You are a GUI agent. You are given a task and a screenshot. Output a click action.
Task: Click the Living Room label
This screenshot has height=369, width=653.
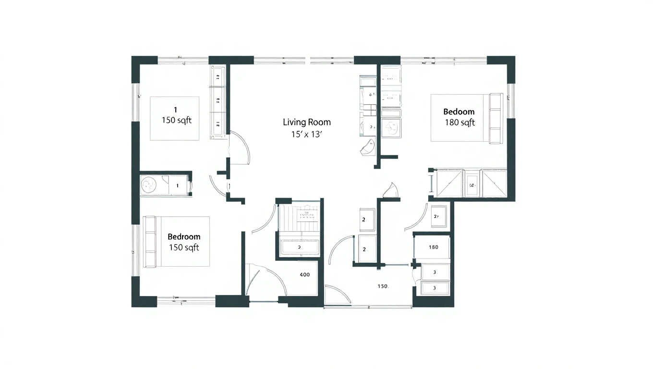coord(306,122)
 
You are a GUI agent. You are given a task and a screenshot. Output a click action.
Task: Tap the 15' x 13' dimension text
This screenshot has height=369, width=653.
coord(306,135)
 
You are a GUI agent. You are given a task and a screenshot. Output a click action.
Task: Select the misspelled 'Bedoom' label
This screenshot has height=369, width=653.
coord(459,112)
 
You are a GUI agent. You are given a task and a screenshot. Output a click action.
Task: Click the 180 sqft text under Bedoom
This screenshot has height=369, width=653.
coord(460,123)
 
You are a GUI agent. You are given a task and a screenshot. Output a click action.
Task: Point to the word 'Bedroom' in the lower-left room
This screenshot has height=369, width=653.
coord(184,236)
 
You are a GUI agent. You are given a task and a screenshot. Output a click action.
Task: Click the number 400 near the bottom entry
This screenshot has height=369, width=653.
coord(304,275)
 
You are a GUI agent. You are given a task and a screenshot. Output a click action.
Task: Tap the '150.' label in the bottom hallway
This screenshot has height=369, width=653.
coord(383,286)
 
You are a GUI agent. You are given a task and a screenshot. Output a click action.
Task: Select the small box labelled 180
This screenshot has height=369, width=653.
coord(433,247)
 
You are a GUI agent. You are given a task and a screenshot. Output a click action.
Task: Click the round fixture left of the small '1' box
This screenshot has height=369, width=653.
coord(148,185)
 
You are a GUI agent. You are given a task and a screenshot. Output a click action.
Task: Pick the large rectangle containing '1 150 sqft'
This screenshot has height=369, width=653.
coord(175,119)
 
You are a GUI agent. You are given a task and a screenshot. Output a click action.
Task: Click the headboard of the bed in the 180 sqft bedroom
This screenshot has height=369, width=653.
coord(495,118)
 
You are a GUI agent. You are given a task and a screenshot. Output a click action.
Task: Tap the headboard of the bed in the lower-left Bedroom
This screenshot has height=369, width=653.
coord(150,242)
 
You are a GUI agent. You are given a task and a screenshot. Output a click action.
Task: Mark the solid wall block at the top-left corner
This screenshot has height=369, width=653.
coord(144,65)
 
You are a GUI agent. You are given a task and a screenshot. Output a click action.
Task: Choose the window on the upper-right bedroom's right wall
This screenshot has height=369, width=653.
coord(511,100)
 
